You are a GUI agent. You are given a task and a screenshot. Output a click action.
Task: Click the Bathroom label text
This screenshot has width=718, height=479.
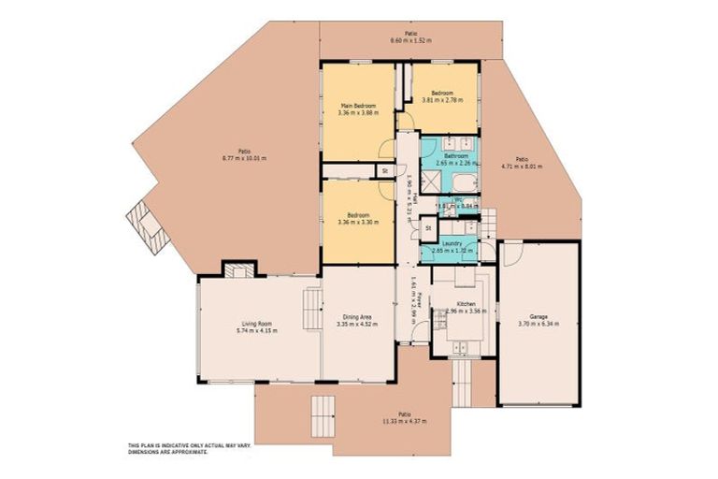[x=456, y=156]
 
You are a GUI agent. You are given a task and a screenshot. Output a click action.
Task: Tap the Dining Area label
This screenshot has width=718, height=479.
[x=355, y=318]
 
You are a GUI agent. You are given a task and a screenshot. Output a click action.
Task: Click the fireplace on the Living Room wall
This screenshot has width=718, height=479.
[x=237, y=269]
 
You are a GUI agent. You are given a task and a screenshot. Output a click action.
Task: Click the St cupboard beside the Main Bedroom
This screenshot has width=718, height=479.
[x=384, y=170]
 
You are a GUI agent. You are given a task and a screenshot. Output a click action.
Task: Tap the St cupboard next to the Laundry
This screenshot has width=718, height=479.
[x=428, y=227]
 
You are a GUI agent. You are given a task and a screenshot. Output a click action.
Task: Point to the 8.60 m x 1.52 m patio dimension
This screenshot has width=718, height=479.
[x=409, y=40]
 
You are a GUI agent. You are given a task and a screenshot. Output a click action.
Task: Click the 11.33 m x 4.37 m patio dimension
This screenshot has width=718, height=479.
[x=404, y=421]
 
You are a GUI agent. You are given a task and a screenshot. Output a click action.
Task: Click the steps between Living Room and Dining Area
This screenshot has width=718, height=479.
[x=310, y=308]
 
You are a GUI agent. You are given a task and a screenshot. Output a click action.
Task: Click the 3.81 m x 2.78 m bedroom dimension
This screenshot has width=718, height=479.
[x=439, y=99]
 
